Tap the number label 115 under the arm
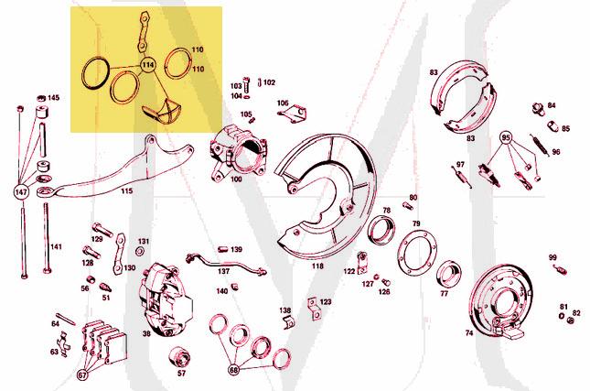pos(126,191)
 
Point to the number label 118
pos(317,266)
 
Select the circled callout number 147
pos(20,192)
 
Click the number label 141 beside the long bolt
pos(56,246)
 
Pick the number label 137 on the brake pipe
pos(223,271)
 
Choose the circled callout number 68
pos(234,370)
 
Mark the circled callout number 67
pos(82,374)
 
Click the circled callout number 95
pos(506,138)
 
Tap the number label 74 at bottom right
pos(469,333)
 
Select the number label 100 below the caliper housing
pos(236,179)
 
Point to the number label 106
pos(282,103)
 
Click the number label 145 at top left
pos(54,98)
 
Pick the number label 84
pos(552,106)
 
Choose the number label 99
pos(552,257)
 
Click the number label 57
pos(181,374)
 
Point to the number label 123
pos(326,300)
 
